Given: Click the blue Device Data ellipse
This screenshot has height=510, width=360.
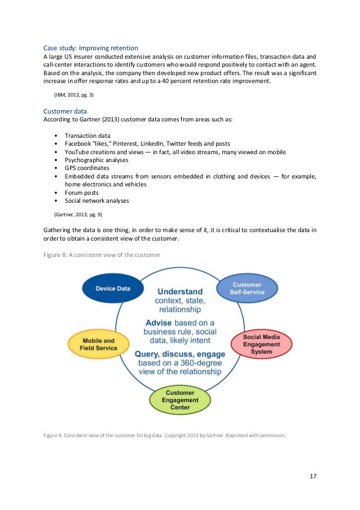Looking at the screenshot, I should (x=113, y=288).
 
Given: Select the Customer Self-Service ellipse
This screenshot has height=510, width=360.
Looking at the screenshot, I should (x=247, y=288).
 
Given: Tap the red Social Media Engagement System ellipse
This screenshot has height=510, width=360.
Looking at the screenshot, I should (x=261, y=344).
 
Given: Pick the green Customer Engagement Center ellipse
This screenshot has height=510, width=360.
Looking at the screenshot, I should (x=180, y=399).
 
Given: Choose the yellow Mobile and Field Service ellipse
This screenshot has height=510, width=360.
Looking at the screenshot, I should (x=99, y=344).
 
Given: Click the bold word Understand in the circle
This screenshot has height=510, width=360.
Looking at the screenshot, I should (x=180, y=291).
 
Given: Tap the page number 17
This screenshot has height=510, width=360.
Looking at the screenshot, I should (x=313, y=476).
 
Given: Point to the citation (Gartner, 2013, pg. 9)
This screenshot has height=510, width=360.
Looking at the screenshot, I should (x=78, y=215).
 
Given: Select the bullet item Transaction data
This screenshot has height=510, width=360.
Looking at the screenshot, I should (x=87, y=136).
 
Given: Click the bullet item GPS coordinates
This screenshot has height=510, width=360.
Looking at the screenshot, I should (x=87, y=168).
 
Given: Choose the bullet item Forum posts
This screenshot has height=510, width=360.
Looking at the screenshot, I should (x=81, y=192).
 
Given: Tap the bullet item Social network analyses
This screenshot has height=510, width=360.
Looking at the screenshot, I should (x=96, y=200).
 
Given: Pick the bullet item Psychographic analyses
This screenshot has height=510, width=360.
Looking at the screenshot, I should (x=96, y=160).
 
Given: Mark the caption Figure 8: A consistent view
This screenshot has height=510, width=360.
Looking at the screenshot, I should (x=102, y=255).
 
